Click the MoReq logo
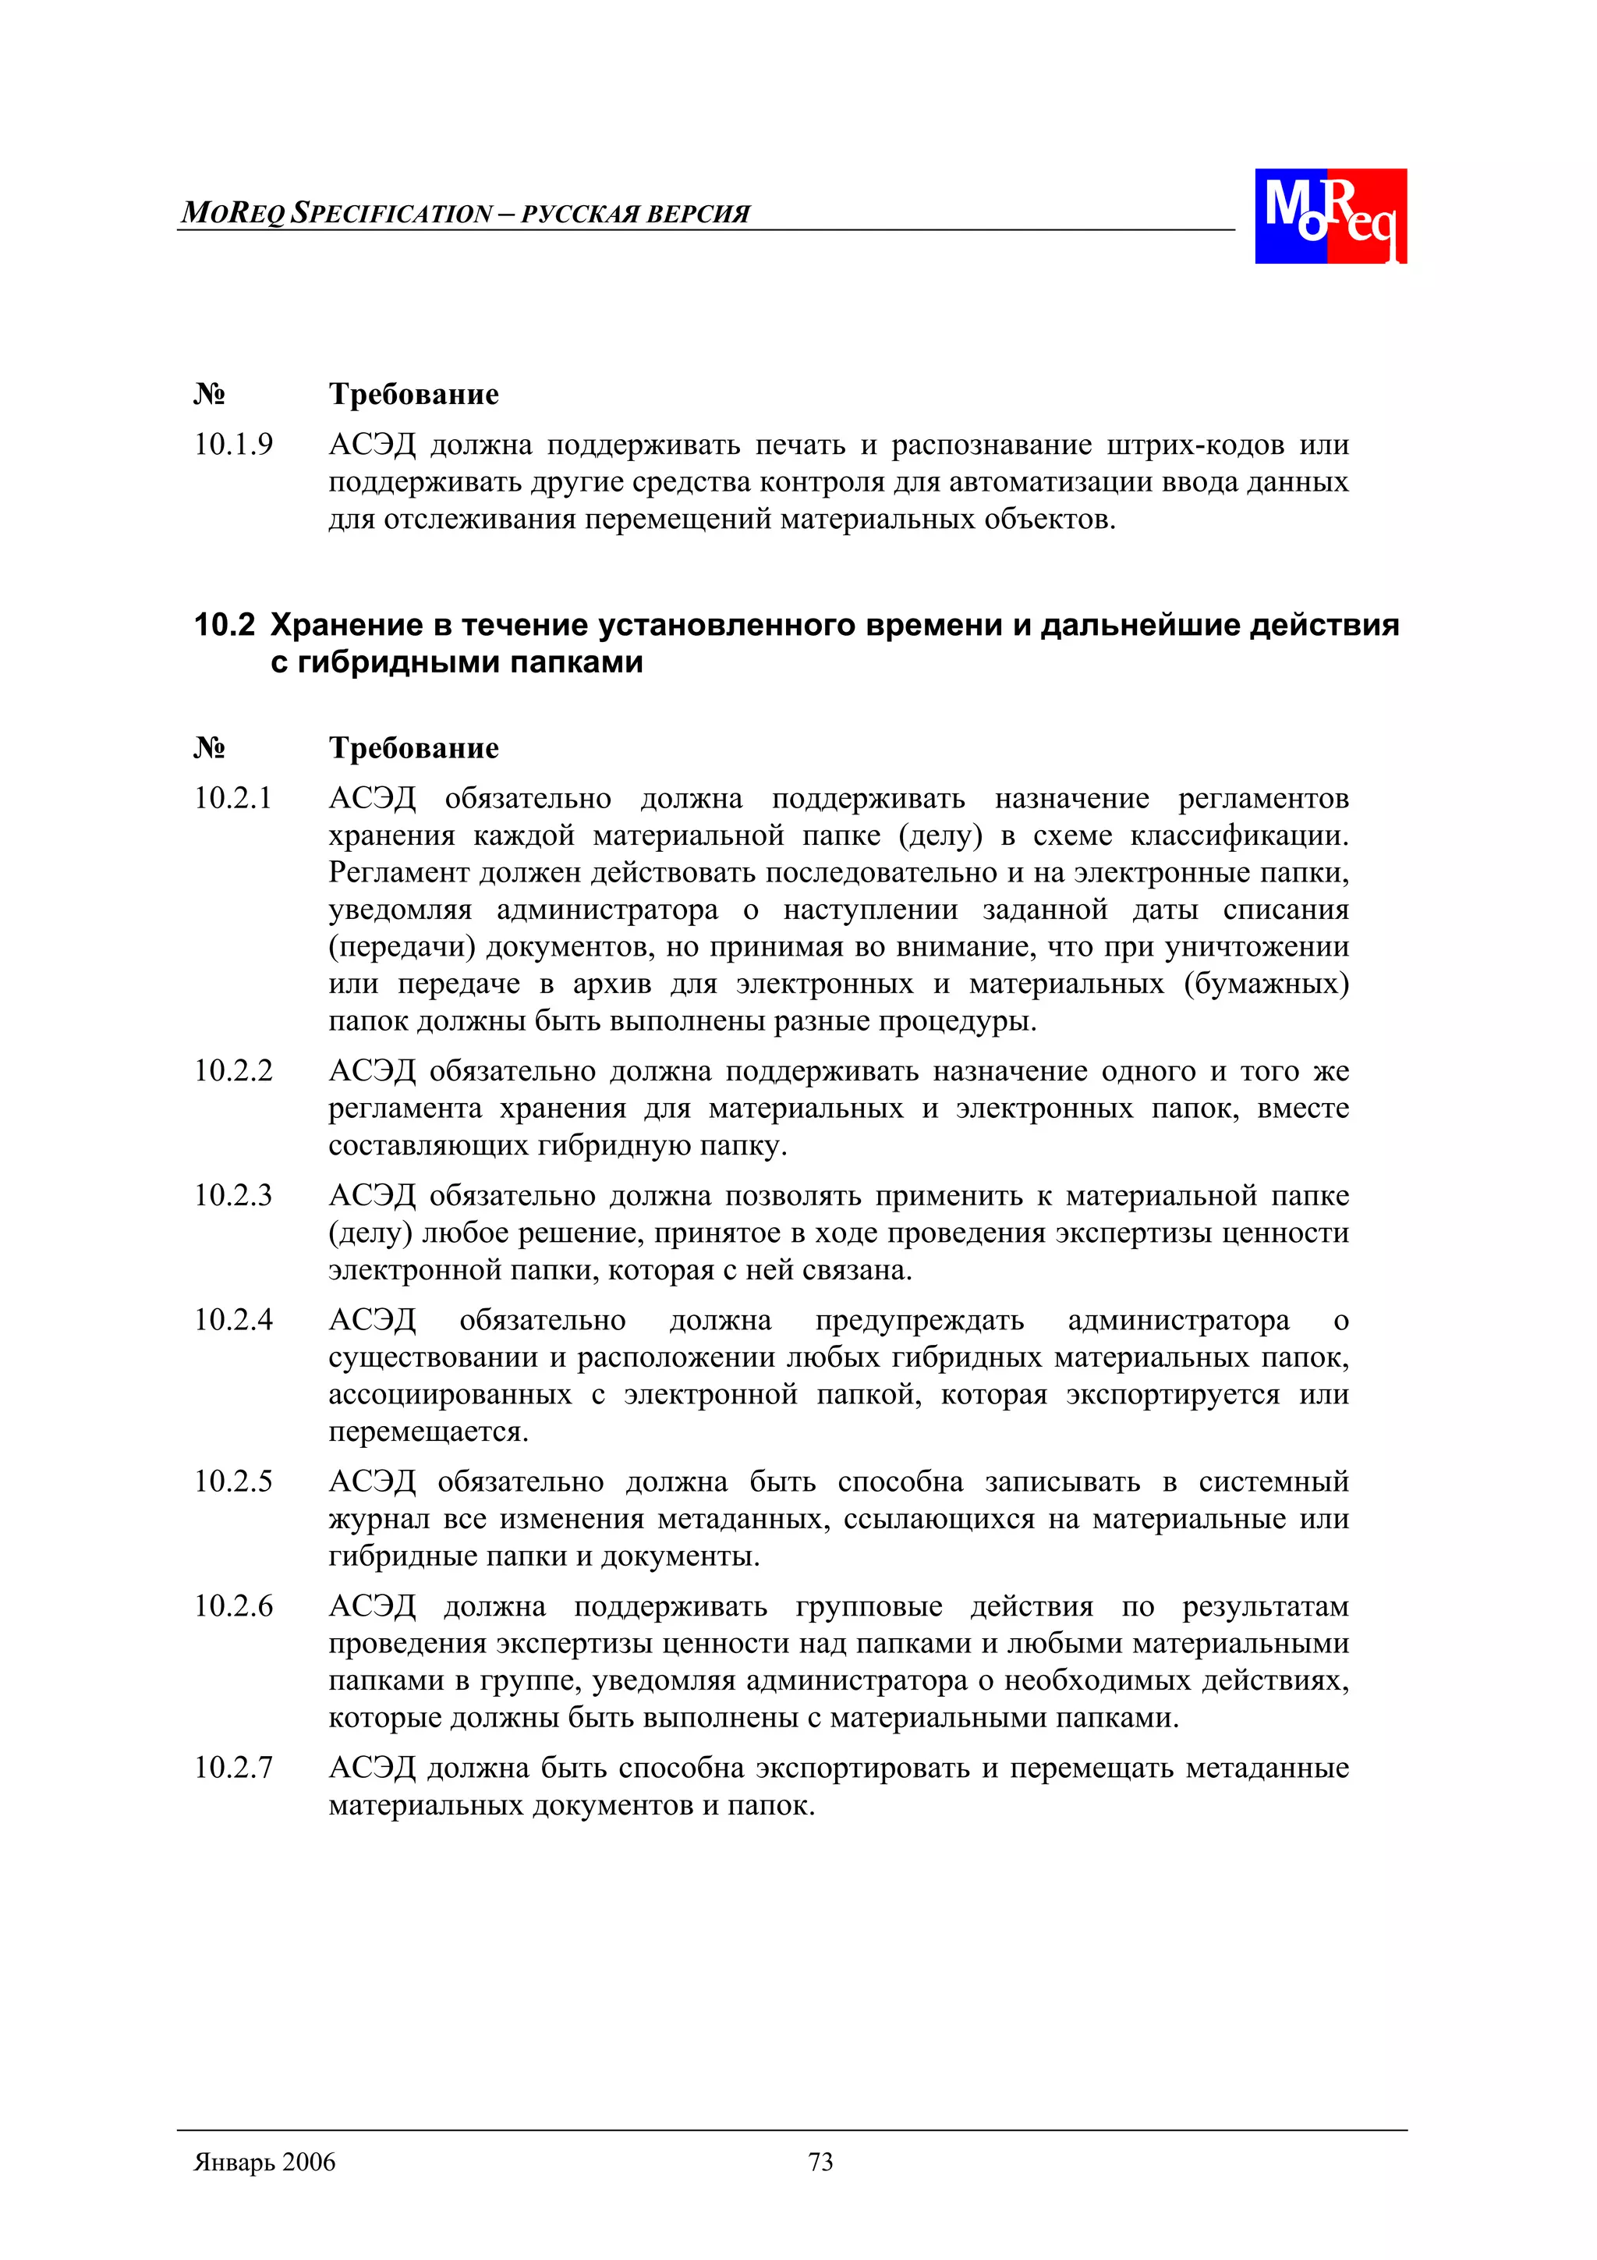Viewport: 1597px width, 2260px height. [x=1330, y=215]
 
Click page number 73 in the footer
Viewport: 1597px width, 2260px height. [x=820, y=2162]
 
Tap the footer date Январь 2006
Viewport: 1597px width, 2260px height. [x=264, y=2162]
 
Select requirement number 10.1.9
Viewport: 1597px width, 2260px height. [x=233, y=445]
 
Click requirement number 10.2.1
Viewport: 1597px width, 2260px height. [x=233, y=798]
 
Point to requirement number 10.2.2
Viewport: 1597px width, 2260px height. [x=233, y=1071]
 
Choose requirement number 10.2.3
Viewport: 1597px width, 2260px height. [x=233, y=1196]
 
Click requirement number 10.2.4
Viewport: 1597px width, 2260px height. [x=233, y=1320]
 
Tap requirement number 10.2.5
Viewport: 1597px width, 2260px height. [x=233, y=1481]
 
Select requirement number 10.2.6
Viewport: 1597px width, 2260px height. [x=233, y=1606]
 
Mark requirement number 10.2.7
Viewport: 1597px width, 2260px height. [x=233, y=1768]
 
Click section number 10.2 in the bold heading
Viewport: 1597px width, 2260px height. [x=225, y=625]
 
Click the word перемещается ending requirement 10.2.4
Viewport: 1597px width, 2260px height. [x=428, y=1432]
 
